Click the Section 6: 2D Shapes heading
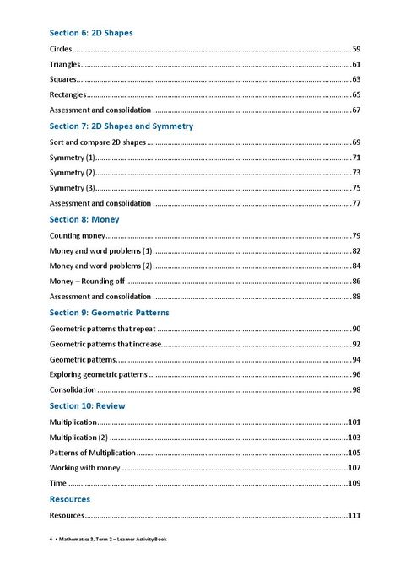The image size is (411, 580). [x=91, y=33]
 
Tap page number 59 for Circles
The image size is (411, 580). [x=356, y=49]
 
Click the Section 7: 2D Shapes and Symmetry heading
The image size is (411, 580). [x=122, y=126]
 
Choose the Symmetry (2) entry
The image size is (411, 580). [x=73, y=172]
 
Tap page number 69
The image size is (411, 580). [x=356, y=142]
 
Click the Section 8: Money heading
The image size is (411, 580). [x=84, y=219]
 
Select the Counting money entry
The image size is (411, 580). [x=77, y=235]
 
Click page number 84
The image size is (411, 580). [x=356, y=266]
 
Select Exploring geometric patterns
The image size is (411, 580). [x=98, y=373]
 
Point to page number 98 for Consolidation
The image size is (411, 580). [x=356, y=389]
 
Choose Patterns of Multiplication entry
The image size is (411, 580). [x=92, y=452]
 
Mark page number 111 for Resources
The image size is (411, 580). [x=354, y=515]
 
